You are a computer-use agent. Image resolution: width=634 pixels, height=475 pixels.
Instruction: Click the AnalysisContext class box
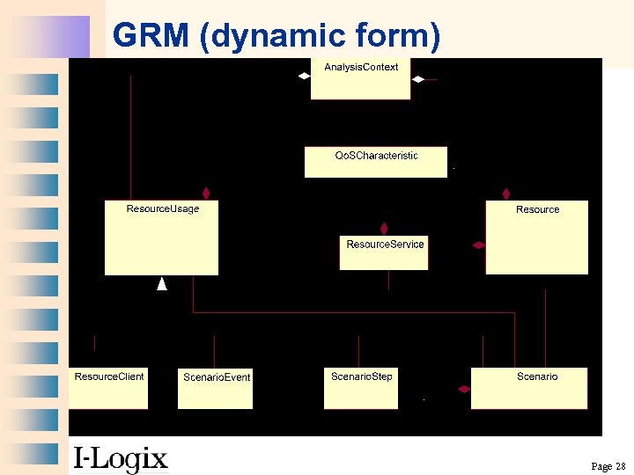click(x=360, y=79)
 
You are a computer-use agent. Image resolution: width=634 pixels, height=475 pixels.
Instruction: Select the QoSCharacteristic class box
click(x=376, y=162)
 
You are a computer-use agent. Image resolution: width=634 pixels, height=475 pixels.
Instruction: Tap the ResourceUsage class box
click(x=161, y=237)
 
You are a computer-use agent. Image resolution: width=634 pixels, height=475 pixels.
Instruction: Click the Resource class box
click(x=537, y=237)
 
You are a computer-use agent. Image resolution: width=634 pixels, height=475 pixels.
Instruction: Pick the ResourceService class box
click(x=384, y=252)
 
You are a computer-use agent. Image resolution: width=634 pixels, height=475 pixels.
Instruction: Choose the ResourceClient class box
click(x=108, y=388)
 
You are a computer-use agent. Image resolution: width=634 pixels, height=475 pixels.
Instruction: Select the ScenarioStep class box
click(x=361, y=388)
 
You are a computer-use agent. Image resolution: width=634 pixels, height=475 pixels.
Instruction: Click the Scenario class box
click(x=528, y=388)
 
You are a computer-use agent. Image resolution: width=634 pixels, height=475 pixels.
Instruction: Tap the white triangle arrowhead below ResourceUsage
click(x=161, y=283)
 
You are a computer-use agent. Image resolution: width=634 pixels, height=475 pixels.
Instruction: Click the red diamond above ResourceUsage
click(x=206, y=193)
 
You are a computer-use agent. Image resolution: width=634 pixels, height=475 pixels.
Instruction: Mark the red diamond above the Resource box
click(x=506, y=193)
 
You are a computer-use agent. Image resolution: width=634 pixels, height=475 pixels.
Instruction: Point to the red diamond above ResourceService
click(x=384, y=228)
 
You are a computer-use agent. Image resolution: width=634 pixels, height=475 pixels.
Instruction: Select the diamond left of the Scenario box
click(x=462, y=388)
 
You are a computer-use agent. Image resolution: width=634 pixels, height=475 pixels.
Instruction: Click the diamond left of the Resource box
click(x=478, y=245)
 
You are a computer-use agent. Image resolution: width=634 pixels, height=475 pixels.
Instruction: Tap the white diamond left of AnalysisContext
click(x=303, y=77)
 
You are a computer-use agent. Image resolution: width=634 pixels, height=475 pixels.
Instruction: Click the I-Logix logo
click(x=120, y=458)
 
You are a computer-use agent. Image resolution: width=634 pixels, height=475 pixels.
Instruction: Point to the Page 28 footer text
click(x=608, y=465)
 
